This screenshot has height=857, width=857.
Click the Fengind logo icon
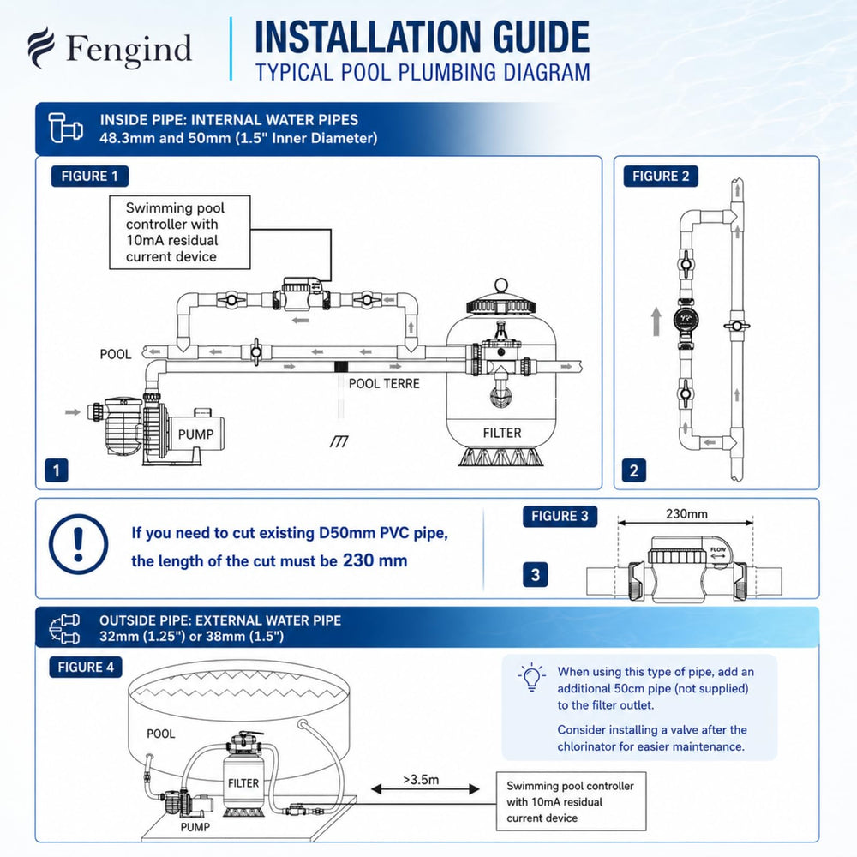[41, 47]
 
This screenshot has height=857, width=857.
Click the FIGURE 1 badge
[90, 176]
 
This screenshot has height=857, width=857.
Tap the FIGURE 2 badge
[661, 176]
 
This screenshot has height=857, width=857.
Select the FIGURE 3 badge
[560, 516]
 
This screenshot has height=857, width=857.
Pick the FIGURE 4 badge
[86, 668]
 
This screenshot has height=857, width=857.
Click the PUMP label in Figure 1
[195, 434]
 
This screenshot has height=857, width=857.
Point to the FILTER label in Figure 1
[502, 433]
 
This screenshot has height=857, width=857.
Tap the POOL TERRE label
[384, 384]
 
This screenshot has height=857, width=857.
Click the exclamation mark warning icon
[78, 544]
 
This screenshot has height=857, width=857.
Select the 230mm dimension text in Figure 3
[686, 513]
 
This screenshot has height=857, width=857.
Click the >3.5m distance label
[421, 779]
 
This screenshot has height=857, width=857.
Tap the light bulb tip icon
[531, 678]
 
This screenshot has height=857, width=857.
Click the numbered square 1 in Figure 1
[57, 470]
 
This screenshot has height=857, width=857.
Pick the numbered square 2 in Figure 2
[634, 470]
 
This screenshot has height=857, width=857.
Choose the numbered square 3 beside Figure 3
[535, 575]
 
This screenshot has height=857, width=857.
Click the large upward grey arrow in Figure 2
[656, 321]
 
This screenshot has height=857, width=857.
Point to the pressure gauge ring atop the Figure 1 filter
[501, 285]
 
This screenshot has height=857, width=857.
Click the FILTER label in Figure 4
[243, 783]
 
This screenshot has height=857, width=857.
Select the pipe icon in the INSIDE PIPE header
[65, 128]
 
